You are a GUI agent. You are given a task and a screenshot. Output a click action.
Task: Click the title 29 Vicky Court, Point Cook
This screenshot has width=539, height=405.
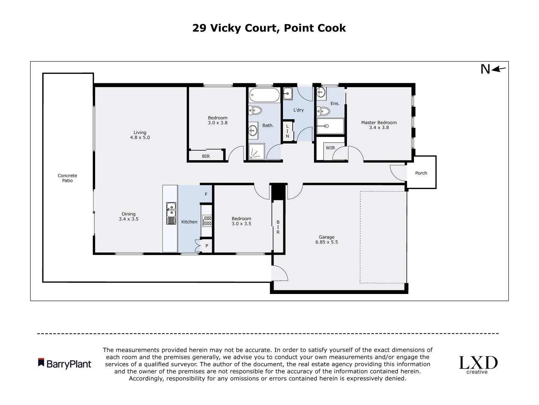coord(269,28)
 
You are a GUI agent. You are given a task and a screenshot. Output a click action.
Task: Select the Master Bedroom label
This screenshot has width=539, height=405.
coord(379,125)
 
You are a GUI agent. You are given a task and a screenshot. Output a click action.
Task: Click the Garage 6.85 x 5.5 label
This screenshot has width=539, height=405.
coord(326,240)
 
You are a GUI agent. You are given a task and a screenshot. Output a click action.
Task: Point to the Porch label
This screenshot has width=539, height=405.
coord(421,173)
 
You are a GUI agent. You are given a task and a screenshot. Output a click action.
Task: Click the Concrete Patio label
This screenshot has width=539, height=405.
coord(67,178)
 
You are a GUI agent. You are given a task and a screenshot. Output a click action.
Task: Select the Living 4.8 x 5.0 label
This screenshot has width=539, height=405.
coord(140,135)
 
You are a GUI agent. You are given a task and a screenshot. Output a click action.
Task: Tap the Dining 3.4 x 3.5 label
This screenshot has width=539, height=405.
coord(128,217)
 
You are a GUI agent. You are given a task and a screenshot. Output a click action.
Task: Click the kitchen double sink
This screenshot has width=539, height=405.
coord(171,213)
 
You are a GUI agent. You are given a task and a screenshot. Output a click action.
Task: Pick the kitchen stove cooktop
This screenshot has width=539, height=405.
coord(207,220)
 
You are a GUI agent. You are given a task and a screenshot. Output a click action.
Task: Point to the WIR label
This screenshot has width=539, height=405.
coord(330,148)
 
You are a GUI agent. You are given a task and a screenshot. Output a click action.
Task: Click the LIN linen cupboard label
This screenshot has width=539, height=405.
coord(287,131)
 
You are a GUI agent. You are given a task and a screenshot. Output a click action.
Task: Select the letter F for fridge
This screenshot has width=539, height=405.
coord(206,195)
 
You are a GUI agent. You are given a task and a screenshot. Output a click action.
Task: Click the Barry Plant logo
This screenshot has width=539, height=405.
coord(65,363)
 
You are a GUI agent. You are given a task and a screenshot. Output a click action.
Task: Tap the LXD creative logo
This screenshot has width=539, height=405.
coord(478,364)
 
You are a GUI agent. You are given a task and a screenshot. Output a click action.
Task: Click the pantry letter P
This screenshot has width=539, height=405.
coord(207,246)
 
